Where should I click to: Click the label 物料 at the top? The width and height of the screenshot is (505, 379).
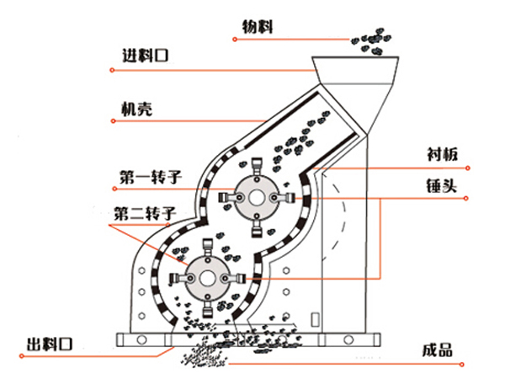coord(258,27)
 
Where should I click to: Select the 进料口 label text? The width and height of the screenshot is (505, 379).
coord(146,56)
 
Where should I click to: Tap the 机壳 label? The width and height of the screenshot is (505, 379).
coord(136,109)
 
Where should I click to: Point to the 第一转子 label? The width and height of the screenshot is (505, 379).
coord(151,177)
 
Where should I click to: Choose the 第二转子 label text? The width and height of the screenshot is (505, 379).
coord(145,213)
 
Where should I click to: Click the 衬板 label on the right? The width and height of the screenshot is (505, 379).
coord(443,154)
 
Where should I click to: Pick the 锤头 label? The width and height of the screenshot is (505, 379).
coord(442,185)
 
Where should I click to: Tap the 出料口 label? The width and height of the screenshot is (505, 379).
coord(50,344)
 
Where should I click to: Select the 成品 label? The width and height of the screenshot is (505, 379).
coord(438,350)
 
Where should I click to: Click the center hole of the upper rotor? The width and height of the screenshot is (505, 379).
coord(257,198)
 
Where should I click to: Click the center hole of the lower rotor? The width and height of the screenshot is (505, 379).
coord(207,279)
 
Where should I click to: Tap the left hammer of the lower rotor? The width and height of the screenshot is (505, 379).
coord(180,279)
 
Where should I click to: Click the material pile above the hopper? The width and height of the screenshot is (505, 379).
coord(371,41)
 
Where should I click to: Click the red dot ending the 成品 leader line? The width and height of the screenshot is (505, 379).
coord(462,365)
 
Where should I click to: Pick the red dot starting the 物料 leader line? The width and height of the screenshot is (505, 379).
coord(235,40)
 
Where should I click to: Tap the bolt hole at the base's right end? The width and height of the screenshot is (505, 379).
coord(348,339)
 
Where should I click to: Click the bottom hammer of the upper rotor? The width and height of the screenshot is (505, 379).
coord(257,227)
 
